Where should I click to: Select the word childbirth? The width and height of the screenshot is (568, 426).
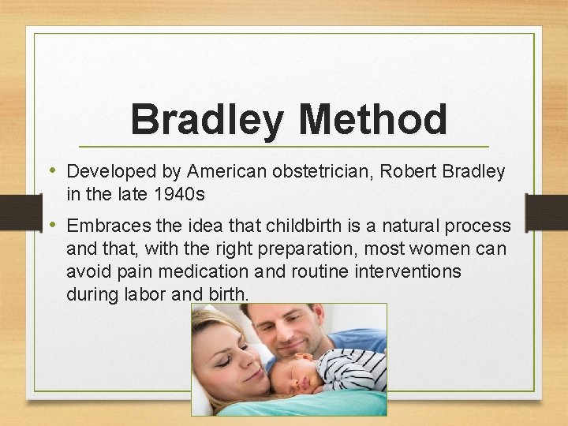303,226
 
